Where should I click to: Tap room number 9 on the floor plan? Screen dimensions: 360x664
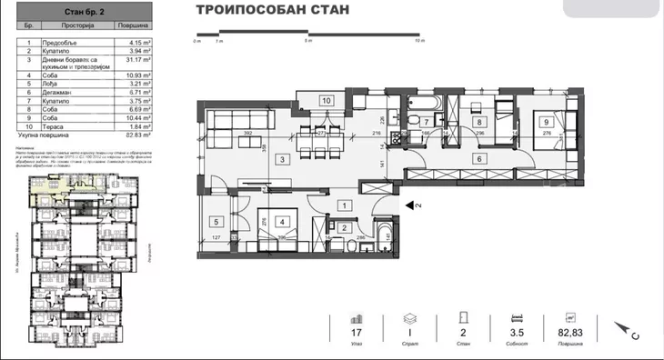coord(546,121)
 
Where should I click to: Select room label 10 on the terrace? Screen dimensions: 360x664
coord(327,101)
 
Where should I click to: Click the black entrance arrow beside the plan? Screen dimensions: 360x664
coord(410,205)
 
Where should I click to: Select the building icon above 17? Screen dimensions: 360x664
coord(357,318)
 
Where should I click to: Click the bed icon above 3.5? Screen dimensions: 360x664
coord(518,318)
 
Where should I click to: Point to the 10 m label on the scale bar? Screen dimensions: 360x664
coord(419,42)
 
